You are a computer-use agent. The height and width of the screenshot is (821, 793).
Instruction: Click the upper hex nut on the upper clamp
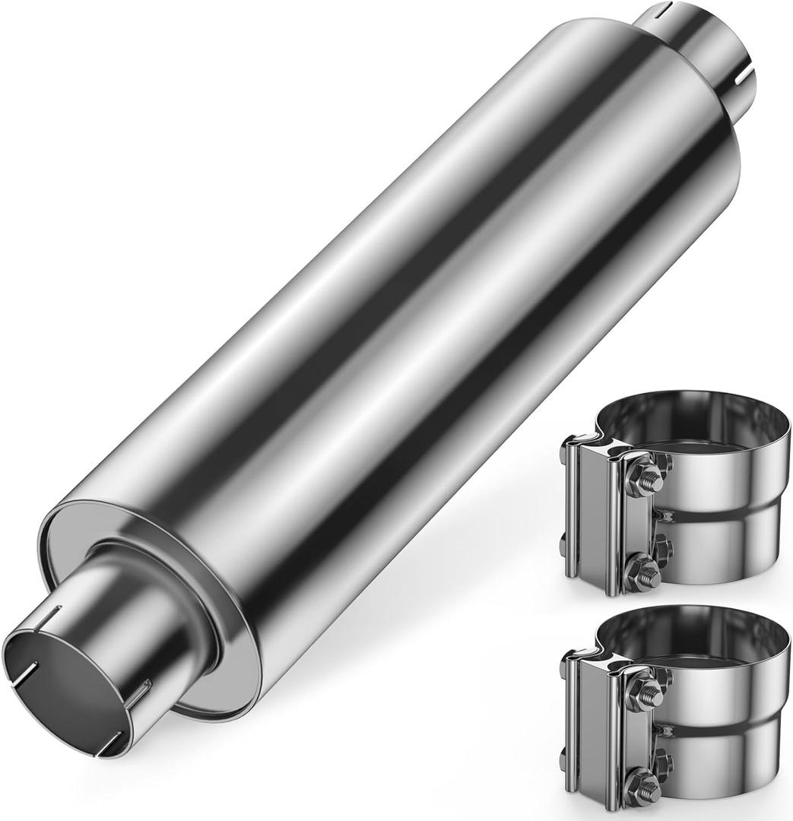point(647,479)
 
